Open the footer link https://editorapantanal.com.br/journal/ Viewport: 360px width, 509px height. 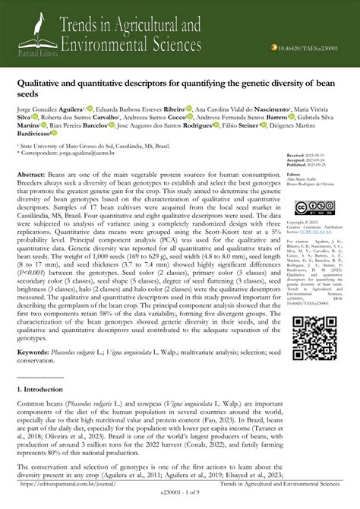72,483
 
